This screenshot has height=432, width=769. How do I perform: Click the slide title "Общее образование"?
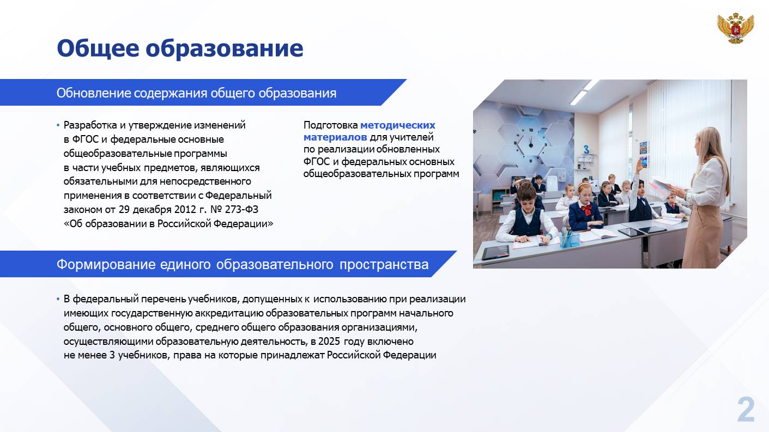180,48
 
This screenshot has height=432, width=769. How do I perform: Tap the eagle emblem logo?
735,28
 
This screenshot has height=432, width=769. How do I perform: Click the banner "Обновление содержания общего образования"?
196,93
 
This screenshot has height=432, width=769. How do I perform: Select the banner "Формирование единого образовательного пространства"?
243,264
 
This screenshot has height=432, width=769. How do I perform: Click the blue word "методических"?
397,125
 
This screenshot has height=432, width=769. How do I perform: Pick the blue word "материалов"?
335,137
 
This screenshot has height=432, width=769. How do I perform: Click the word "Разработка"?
90,125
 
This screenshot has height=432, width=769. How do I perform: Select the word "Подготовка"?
331,125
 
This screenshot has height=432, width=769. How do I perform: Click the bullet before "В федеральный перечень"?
58,299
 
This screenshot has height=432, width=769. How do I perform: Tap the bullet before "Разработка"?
58,125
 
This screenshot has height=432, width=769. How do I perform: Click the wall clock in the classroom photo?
531,145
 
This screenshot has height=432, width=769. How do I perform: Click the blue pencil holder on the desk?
569,239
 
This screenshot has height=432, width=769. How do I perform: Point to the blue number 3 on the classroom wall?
586,150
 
